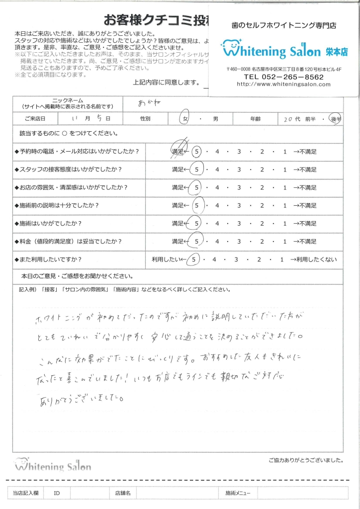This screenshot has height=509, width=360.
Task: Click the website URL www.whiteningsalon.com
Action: click(x=283, y=85)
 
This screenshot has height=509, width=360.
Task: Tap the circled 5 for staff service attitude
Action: click(x=197, y=170)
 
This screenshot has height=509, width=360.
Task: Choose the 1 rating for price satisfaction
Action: click(x=285, y=242)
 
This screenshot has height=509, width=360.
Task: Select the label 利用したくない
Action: click(x=317, y=259)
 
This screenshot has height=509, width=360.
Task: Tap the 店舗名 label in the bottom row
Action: click(x=122, y=493)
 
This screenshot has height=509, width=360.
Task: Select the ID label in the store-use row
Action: click(x=57, y=493)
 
